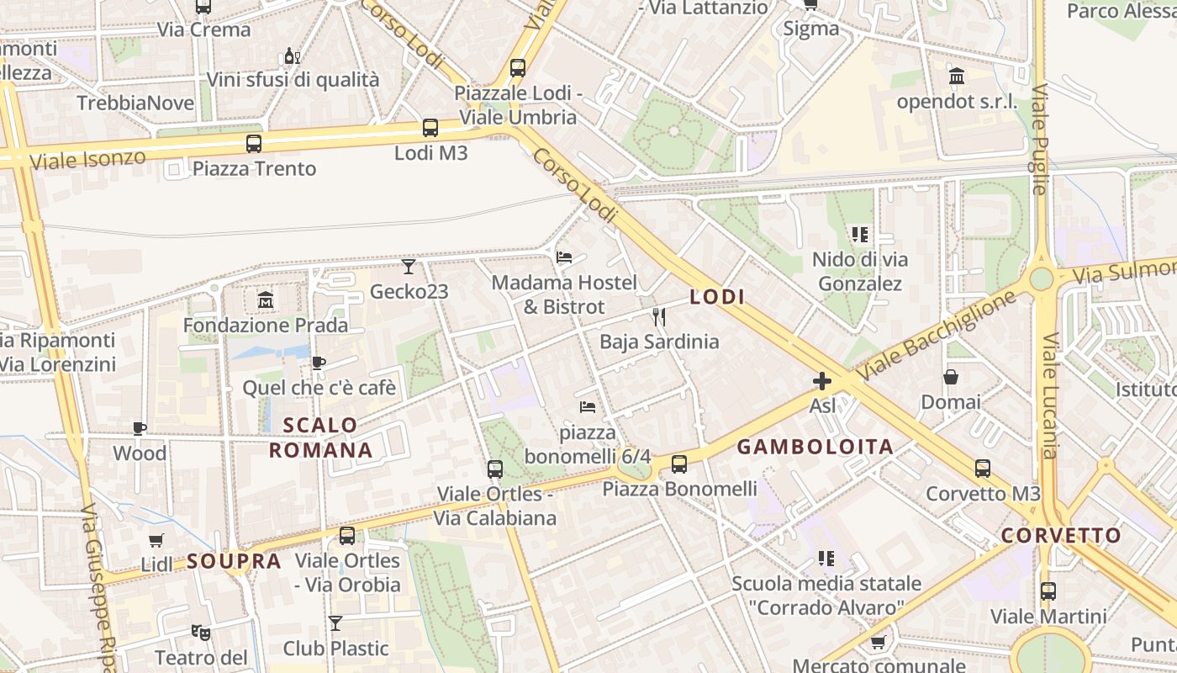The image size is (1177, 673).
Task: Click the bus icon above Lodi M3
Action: point(430,128)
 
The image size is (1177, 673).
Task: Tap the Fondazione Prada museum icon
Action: point(266,299)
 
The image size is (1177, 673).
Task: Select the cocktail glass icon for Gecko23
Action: point(409,267)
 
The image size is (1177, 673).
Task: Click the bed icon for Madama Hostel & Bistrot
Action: point(564,257)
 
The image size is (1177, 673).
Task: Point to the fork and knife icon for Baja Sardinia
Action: point(659,316)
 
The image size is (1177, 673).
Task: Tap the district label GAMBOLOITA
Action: point(815,448)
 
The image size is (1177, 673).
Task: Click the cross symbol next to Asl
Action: point(822,381)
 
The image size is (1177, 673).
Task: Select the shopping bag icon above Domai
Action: point(951,377)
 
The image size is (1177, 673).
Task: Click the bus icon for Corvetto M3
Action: point(983,469)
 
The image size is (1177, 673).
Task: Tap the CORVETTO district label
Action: point(1061,536)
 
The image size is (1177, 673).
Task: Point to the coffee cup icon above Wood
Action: point(140,428)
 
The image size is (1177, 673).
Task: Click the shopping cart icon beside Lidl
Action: point(156,540)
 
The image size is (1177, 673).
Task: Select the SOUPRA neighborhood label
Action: point(234,561)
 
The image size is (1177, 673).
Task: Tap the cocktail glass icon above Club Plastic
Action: point(335,623)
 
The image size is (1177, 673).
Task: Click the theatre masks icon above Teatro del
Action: point(200,631)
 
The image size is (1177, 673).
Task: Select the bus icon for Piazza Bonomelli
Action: point(679,464)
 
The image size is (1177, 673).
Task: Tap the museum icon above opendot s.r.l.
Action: point(957,77)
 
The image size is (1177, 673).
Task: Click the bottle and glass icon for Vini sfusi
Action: point(292,56)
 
